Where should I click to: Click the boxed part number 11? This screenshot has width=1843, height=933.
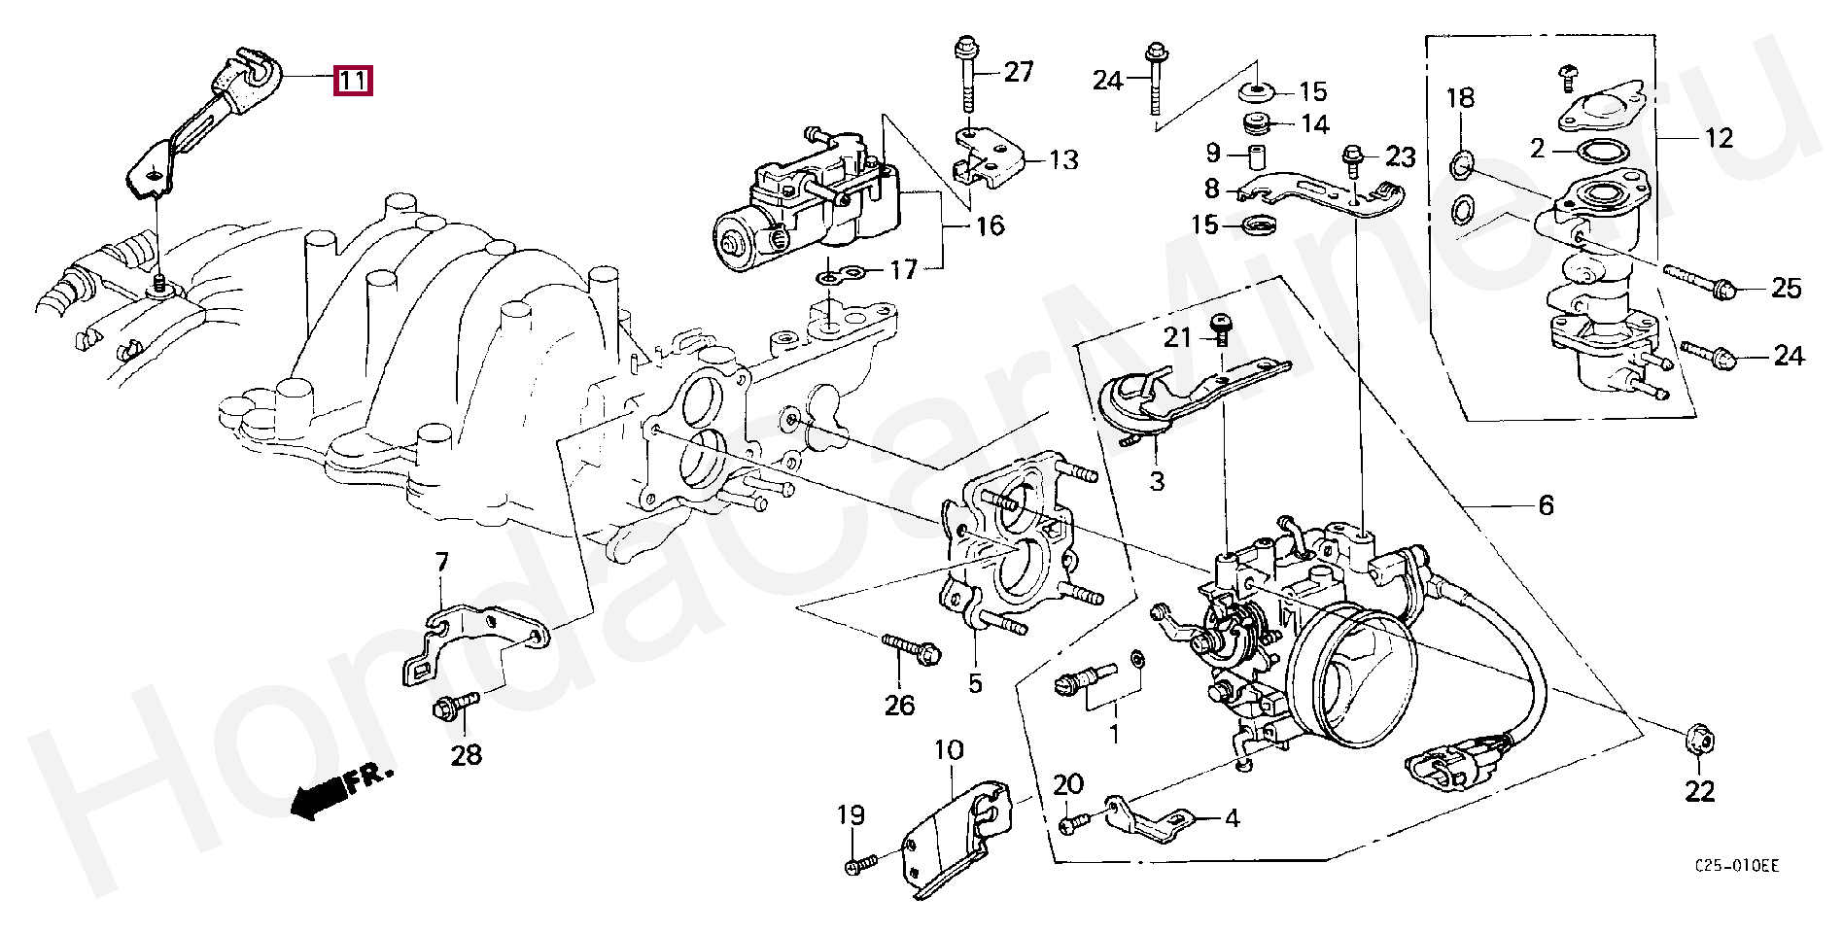[352, 80]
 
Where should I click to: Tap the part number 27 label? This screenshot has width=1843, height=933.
[1018, 72]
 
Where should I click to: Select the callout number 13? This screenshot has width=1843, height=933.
[1063, 159]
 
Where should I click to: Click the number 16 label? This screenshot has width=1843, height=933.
[989, 226]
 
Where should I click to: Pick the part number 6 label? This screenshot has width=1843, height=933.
[1546, 505]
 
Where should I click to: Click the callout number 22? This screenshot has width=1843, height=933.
[1699, 791]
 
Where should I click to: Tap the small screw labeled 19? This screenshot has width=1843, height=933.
[860, 862]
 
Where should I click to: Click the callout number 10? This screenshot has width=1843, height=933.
[949, 750]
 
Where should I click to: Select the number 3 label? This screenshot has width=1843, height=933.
[1157, 481]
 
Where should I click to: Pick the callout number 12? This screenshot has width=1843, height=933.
[1719, 138]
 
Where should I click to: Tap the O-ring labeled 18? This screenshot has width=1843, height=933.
[1460, 165]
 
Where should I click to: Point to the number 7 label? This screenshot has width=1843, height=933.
[441, 562]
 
